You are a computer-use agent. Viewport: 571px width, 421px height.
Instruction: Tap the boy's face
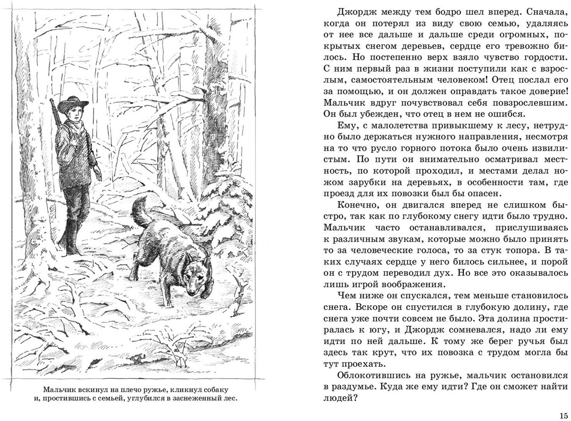coord(74,114)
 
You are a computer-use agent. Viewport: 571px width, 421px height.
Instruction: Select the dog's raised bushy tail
coord(141,214)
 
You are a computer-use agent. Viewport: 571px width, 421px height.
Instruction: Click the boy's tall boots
coord(70,237)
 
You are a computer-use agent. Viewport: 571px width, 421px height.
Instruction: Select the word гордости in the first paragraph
coord(541,57)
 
